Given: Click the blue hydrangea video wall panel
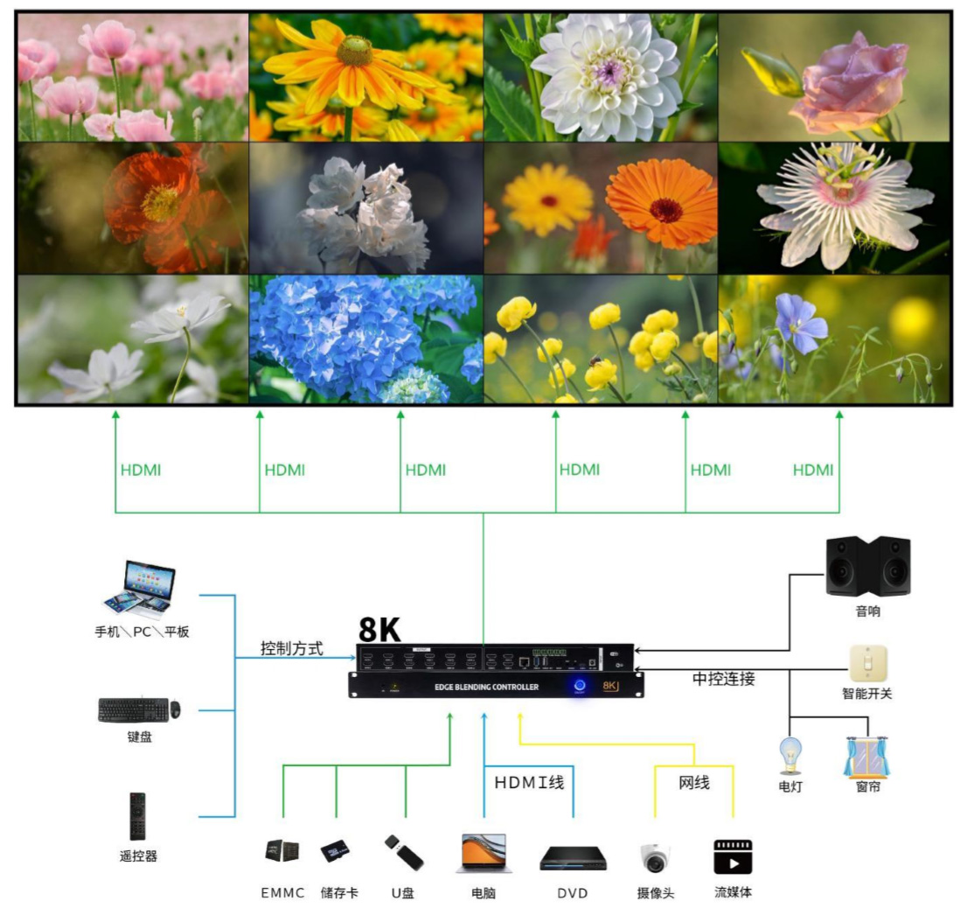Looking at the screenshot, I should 365,339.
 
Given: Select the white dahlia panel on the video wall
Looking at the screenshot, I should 601,77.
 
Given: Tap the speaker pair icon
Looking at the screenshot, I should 867,566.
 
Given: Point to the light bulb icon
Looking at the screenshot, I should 790,756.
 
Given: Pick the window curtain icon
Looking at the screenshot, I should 866,758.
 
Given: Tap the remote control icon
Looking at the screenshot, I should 137,816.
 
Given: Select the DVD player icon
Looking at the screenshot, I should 573,857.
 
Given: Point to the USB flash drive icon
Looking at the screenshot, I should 404,853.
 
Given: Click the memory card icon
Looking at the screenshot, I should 335,851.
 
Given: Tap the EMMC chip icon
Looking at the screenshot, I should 282,850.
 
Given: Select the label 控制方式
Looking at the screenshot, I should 292,649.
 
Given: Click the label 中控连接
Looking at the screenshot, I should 723,679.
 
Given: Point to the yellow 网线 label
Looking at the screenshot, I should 694,783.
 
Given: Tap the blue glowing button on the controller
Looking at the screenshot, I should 580,686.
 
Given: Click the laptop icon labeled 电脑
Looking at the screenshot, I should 480,854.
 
